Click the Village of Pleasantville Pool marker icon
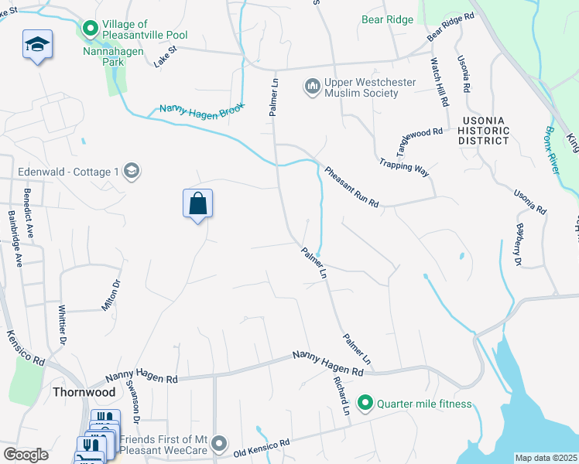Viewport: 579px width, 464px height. coord(90,29)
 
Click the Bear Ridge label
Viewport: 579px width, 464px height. coord(387,19)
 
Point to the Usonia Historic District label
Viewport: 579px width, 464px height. coord(484,131)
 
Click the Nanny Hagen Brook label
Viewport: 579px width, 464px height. coord(202,110)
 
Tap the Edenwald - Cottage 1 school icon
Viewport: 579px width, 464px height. coord(131,171)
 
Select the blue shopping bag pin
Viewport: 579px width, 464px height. coord(198,204)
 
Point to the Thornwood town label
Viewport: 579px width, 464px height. coord(84,392)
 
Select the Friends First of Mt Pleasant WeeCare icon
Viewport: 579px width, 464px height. coord(220,443)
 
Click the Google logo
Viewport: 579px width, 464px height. coord(26,455)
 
